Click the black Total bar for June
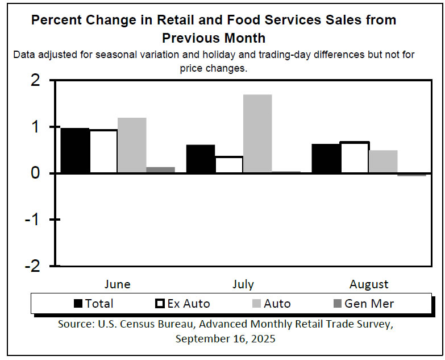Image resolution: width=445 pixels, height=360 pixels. (x=75, y=151)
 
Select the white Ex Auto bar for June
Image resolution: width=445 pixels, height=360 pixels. (x=104, y=151)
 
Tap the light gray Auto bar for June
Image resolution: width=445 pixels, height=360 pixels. (x=132, y=146)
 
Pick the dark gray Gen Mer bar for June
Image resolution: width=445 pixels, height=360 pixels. (x=161, y=170)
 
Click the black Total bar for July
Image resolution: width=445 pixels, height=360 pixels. (x=201, y=159)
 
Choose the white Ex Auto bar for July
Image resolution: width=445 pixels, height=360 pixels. (x=229, y=164)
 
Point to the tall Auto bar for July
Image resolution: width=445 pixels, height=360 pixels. (x=257, y=134)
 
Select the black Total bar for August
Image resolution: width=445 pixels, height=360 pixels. (x=326, y=159)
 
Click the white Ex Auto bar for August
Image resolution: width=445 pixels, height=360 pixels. (x=354, y=158)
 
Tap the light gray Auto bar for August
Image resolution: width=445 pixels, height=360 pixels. (x=382, y=162)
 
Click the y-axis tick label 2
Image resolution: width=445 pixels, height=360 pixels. (x=35, y=81)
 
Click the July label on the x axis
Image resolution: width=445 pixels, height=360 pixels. (x=243, y=284)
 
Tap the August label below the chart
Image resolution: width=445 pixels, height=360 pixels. (x=369, y=284)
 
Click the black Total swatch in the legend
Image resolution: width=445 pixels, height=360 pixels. (x=79, y=303)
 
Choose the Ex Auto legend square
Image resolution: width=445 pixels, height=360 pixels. (x=160, y=303)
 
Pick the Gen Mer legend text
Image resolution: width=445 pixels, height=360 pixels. (x=369, y=303)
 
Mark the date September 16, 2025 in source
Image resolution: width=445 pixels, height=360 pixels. (x=225, y=338)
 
